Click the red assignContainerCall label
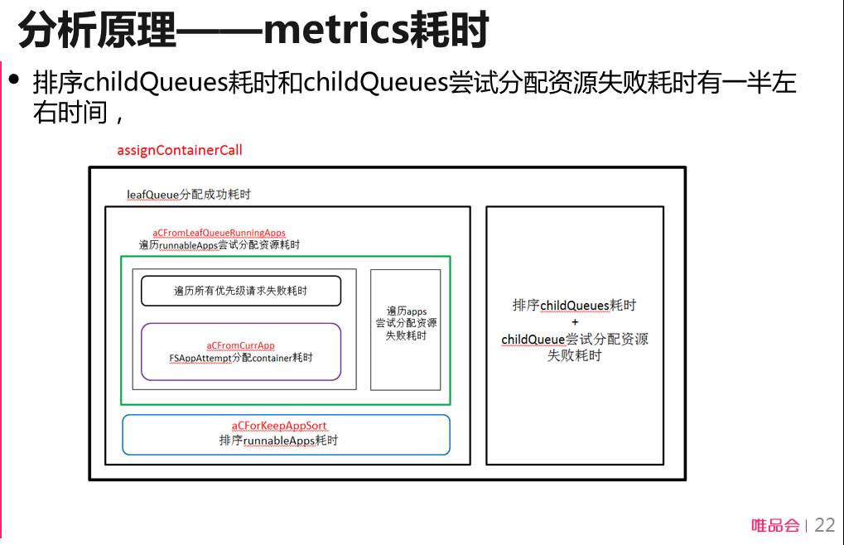(180, 151)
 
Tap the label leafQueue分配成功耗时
(189, 195)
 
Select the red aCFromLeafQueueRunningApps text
(219, 233)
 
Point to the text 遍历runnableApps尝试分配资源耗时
(219, 245)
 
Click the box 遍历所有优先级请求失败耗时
(241, 291)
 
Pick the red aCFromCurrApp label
(240, 345)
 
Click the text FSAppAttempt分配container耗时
(241, 359)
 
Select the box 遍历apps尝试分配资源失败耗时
(406, 323)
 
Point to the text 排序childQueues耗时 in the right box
(574, 306)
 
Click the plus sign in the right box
(575, 322)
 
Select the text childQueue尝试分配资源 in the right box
(575, 340)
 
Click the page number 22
(825, 525)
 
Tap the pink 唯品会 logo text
(775, 525)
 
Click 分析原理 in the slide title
(97, 31)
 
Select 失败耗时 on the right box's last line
(575, 356)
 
